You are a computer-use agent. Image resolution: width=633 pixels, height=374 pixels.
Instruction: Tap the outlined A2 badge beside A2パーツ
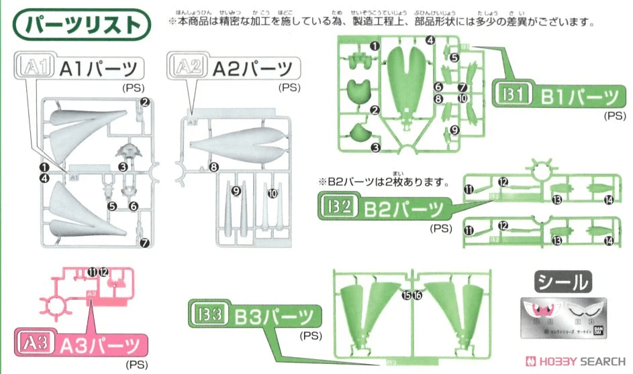[x=187, y=68]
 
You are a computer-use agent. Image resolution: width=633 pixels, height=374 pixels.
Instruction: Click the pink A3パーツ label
[x=81, y=345]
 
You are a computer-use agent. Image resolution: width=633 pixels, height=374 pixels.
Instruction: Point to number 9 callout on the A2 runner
[x=236, y=191]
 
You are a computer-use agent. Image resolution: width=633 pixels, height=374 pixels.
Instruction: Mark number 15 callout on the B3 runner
[x=405, y=296]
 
